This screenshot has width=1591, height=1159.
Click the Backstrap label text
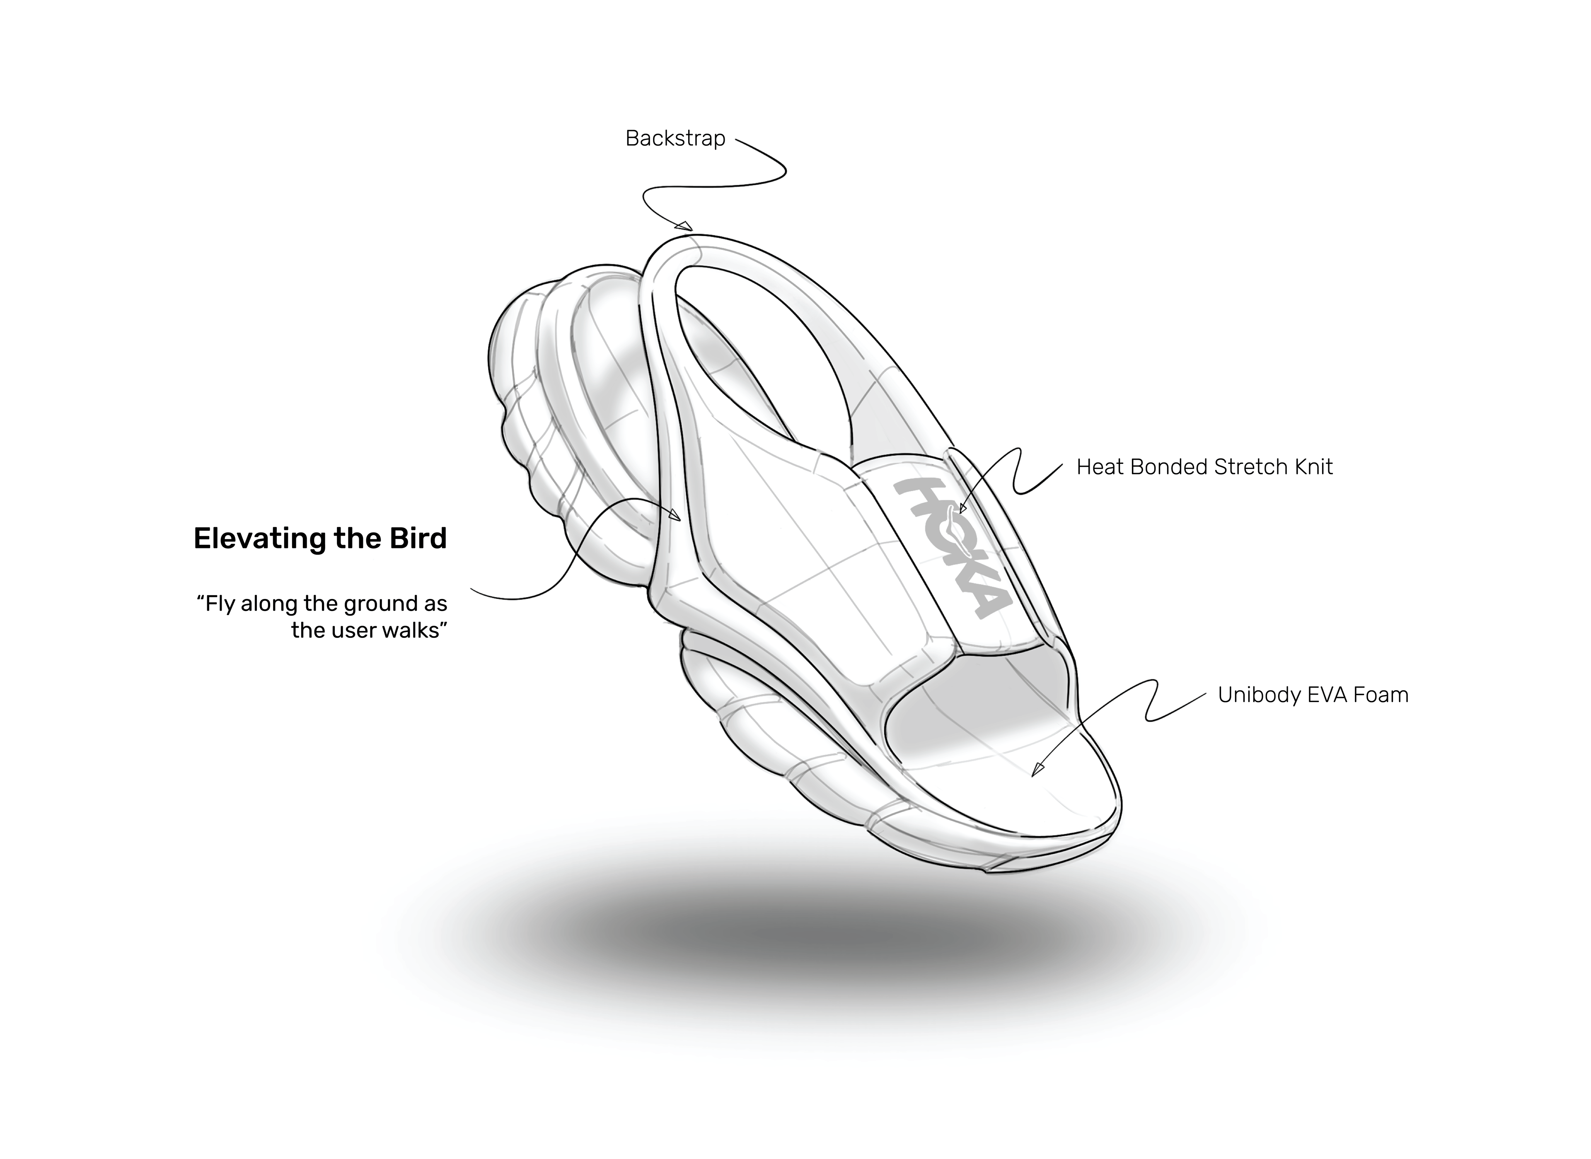(675, 139)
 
